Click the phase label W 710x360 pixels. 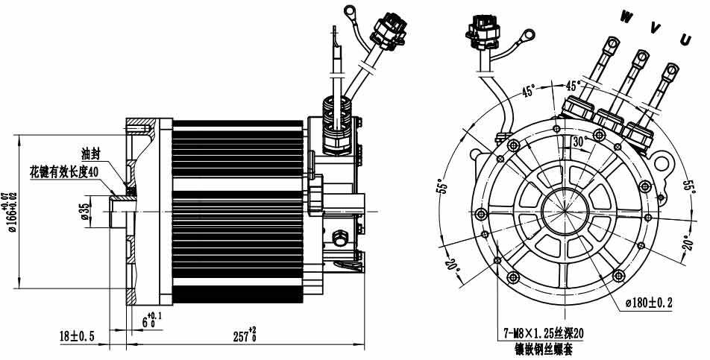[626, 17]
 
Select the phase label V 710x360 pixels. [656, 28]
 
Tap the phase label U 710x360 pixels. [685, 40]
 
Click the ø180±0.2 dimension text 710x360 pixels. [649, 303]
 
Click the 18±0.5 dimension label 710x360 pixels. [77, 336]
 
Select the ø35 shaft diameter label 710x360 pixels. [84, 210]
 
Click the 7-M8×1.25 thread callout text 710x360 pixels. [544, 334]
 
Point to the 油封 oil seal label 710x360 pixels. [89, 154]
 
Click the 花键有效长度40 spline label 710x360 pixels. [64, 171]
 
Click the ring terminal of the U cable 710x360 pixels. [673, 69]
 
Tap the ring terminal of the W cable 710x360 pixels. [612, 43]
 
